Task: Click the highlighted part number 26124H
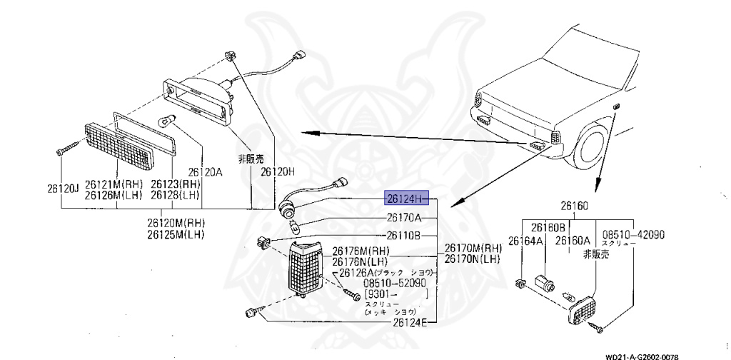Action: click(406, 198)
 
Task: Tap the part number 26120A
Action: click(206, 172)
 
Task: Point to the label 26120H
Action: click(277, 172)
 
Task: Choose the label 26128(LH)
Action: click(176, 195)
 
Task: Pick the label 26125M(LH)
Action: click(176, 234)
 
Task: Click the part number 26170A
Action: click(404, 217)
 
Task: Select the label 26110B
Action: click(404, 235)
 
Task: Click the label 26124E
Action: click(409, 323)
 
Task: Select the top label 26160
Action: click(574, 206)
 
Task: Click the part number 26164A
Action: click(525, 241)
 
